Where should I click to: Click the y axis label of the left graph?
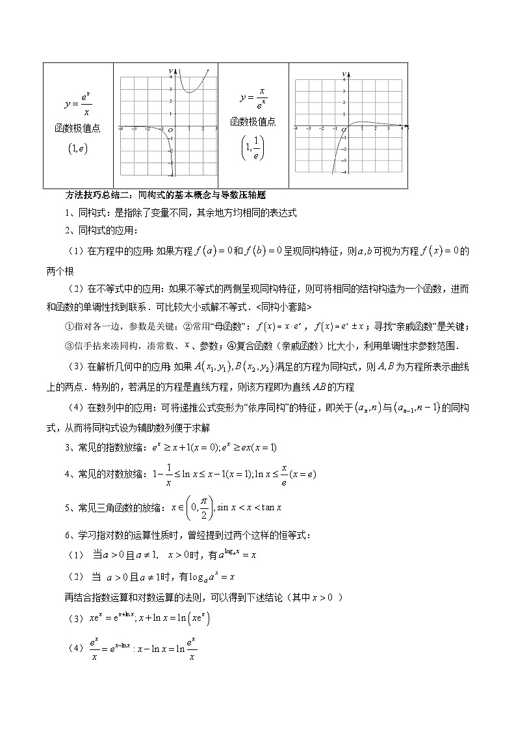170,70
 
